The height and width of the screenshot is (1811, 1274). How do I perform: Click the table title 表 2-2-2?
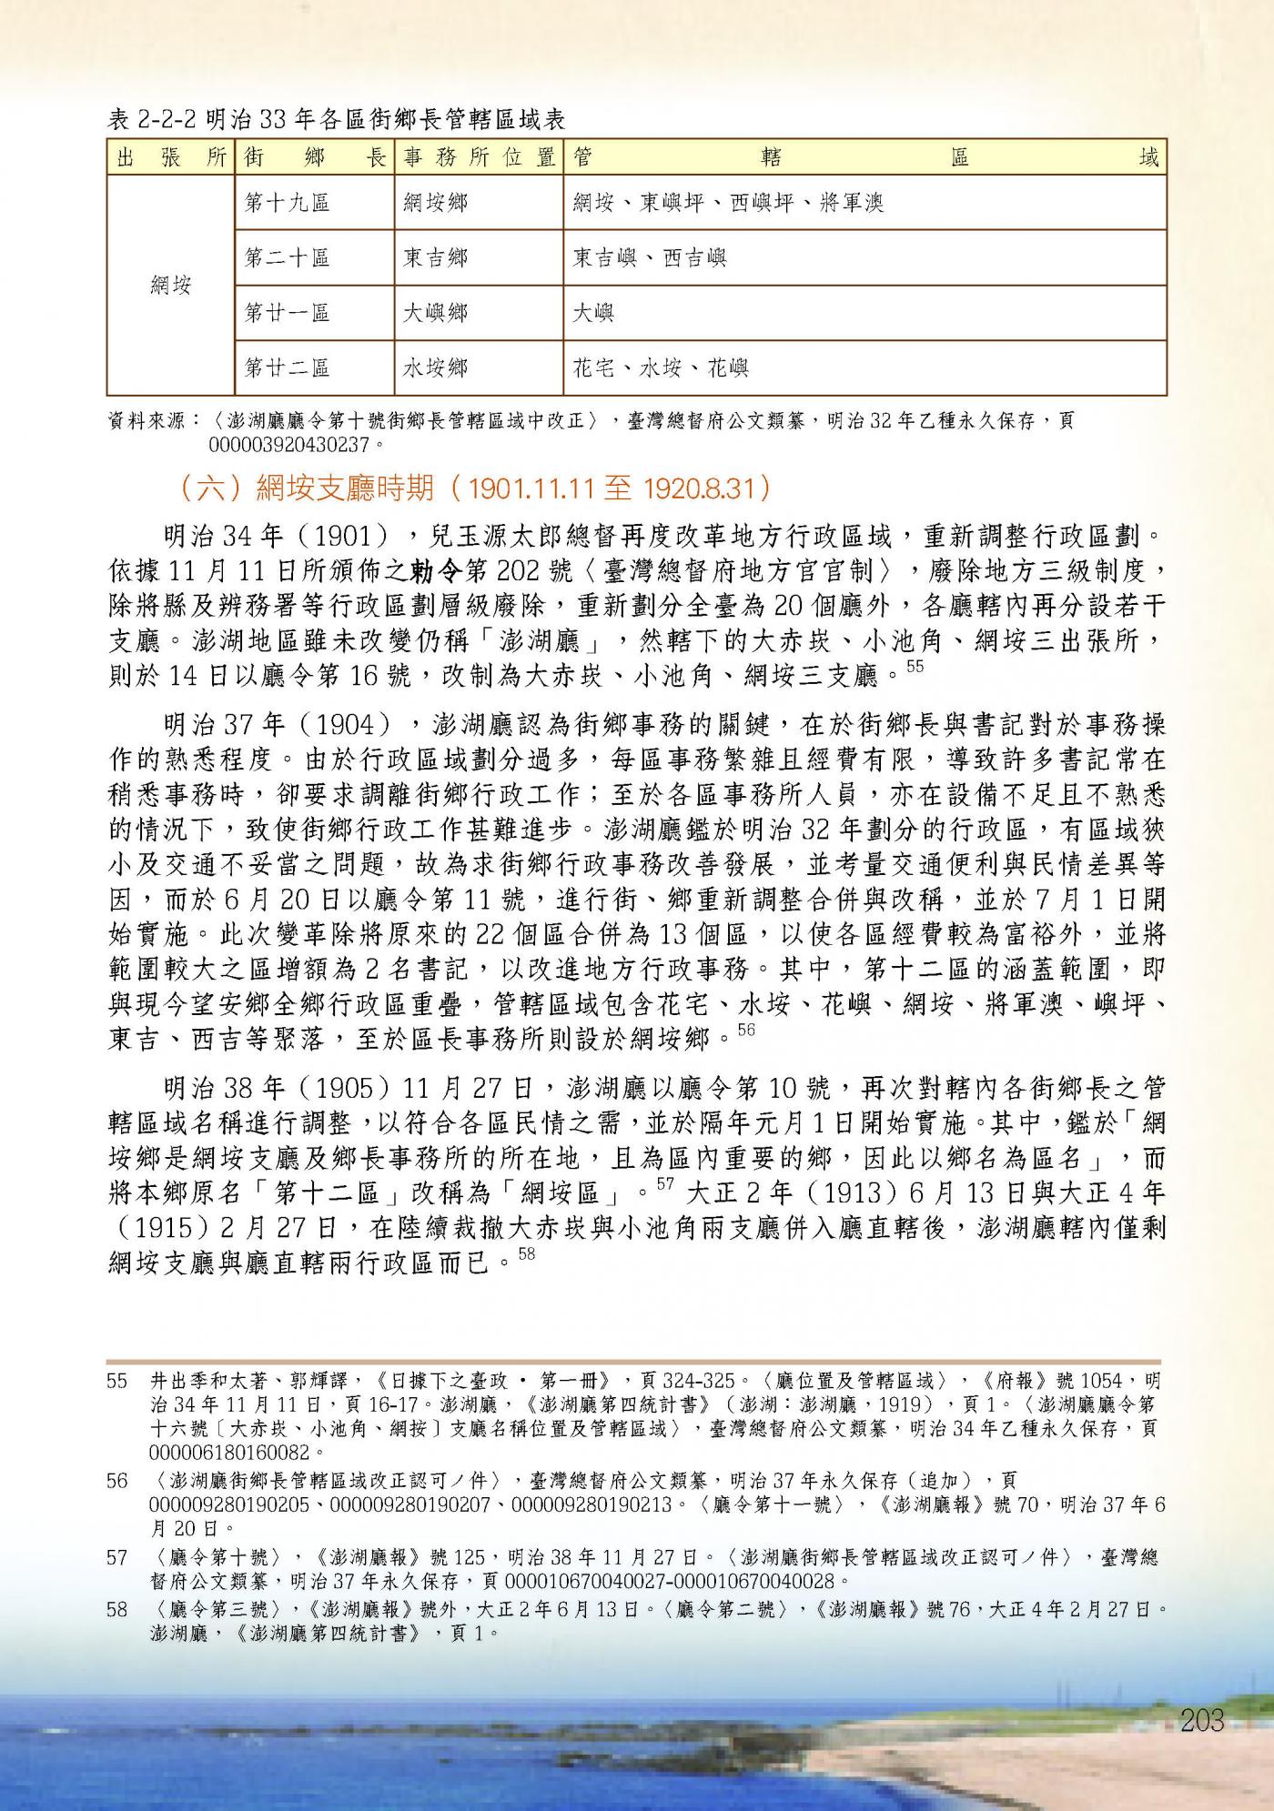(337, 119)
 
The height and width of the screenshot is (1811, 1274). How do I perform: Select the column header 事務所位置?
(479, 157)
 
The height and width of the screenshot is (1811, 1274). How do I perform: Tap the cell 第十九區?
(288, 202)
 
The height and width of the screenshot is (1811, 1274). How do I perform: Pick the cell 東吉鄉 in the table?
(436, 257)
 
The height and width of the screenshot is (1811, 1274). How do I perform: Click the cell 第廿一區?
(288, 313)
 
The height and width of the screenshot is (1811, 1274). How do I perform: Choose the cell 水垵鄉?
(436, 368)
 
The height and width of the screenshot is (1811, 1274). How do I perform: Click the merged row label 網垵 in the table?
(170, 286)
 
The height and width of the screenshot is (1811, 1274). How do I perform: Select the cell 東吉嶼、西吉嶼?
(650, 257)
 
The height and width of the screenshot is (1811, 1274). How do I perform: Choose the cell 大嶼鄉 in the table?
(436, 313)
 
